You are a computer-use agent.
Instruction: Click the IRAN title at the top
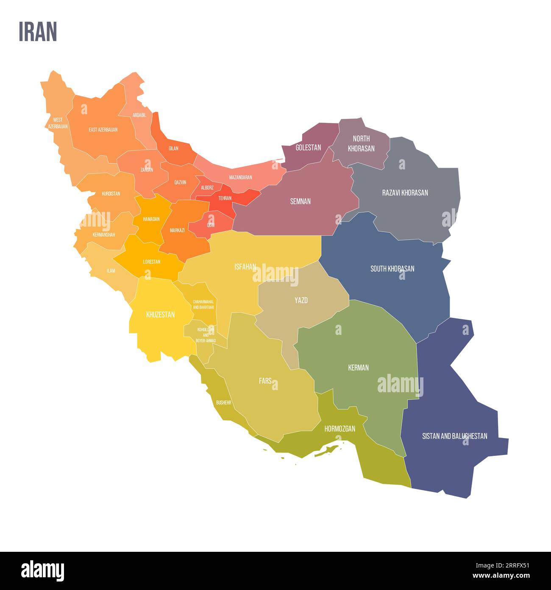(38, 32)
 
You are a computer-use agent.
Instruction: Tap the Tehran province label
(225, 198)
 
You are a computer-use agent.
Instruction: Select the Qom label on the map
(211, 225)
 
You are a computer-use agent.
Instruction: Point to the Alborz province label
(207, 187)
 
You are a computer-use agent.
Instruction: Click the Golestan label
(308, 148)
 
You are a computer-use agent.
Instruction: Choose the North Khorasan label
(361, 143)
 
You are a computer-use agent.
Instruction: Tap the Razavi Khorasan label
(405, 193)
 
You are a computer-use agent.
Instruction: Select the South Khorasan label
(392, 269)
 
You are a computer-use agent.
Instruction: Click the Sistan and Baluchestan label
(454, 436)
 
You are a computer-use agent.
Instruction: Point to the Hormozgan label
(340, 429)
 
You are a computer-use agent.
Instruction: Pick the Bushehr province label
(223, 402)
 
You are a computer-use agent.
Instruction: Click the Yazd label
(301, 301)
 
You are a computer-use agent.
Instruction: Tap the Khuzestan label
(160, 315)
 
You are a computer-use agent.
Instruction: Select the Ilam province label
(111, 270)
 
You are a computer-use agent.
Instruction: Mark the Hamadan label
(151, 219)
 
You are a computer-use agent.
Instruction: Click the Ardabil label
(139, 115)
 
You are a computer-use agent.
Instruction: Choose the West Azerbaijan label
(58, 123)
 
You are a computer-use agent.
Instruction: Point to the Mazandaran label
(240, 177)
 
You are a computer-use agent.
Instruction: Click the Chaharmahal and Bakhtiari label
(203, 304)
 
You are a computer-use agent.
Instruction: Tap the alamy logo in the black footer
(42, 571)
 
